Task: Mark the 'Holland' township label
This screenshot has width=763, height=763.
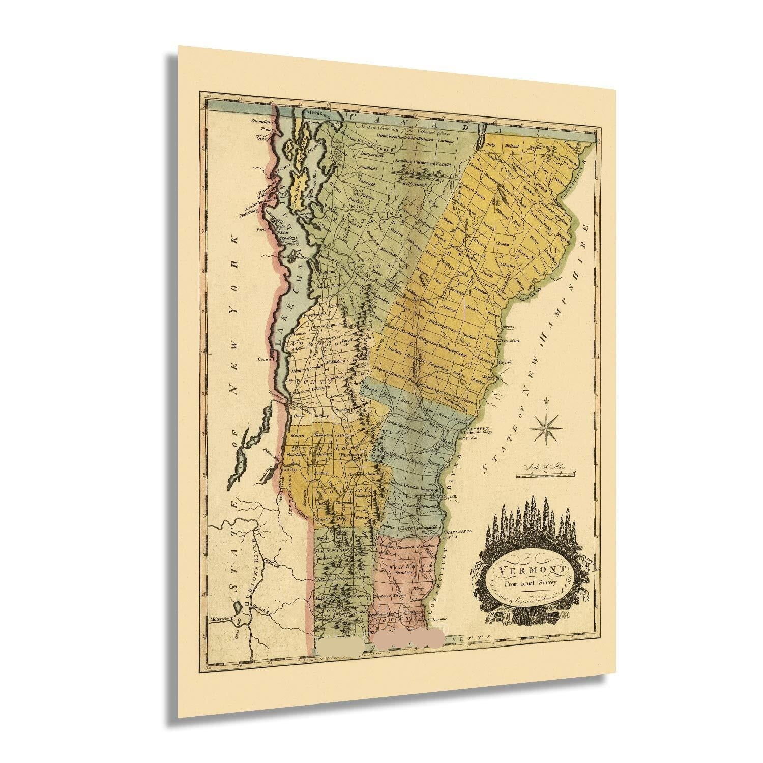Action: point(513,146)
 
